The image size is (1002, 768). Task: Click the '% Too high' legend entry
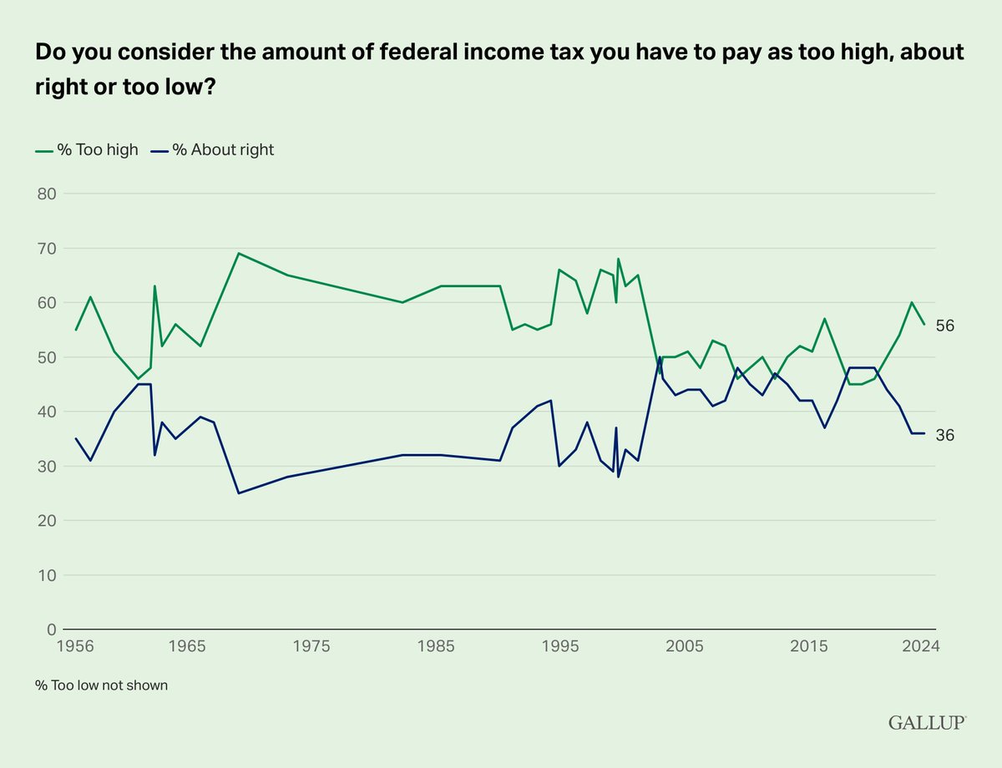click(x=86, y=150)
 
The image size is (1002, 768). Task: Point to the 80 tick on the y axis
click(x=48, y=194)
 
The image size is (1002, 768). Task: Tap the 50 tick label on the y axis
click(x=48, y=357)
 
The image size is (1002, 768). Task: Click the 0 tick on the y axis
click(x=52, y=629)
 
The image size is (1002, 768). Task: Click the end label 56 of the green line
click(x=945, y=326)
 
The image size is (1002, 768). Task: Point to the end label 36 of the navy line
click(x=945, y=435)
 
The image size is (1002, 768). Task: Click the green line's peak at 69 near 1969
click(x=239, y=253)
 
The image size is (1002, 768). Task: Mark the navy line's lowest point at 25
click(x=239, y=493)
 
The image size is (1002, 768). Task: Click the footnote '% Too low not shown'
click(x=101, y=685)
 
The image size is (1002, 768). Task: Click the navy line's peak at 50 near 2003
click(x=660, y=357)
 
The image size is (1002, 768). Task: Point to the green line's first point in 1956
click(x=76, y=330)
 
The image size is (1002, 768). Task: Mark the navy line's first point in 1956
click(x=76, y=438)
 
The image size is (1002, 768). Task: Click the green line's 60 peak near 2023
click(x=912, y=302)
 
